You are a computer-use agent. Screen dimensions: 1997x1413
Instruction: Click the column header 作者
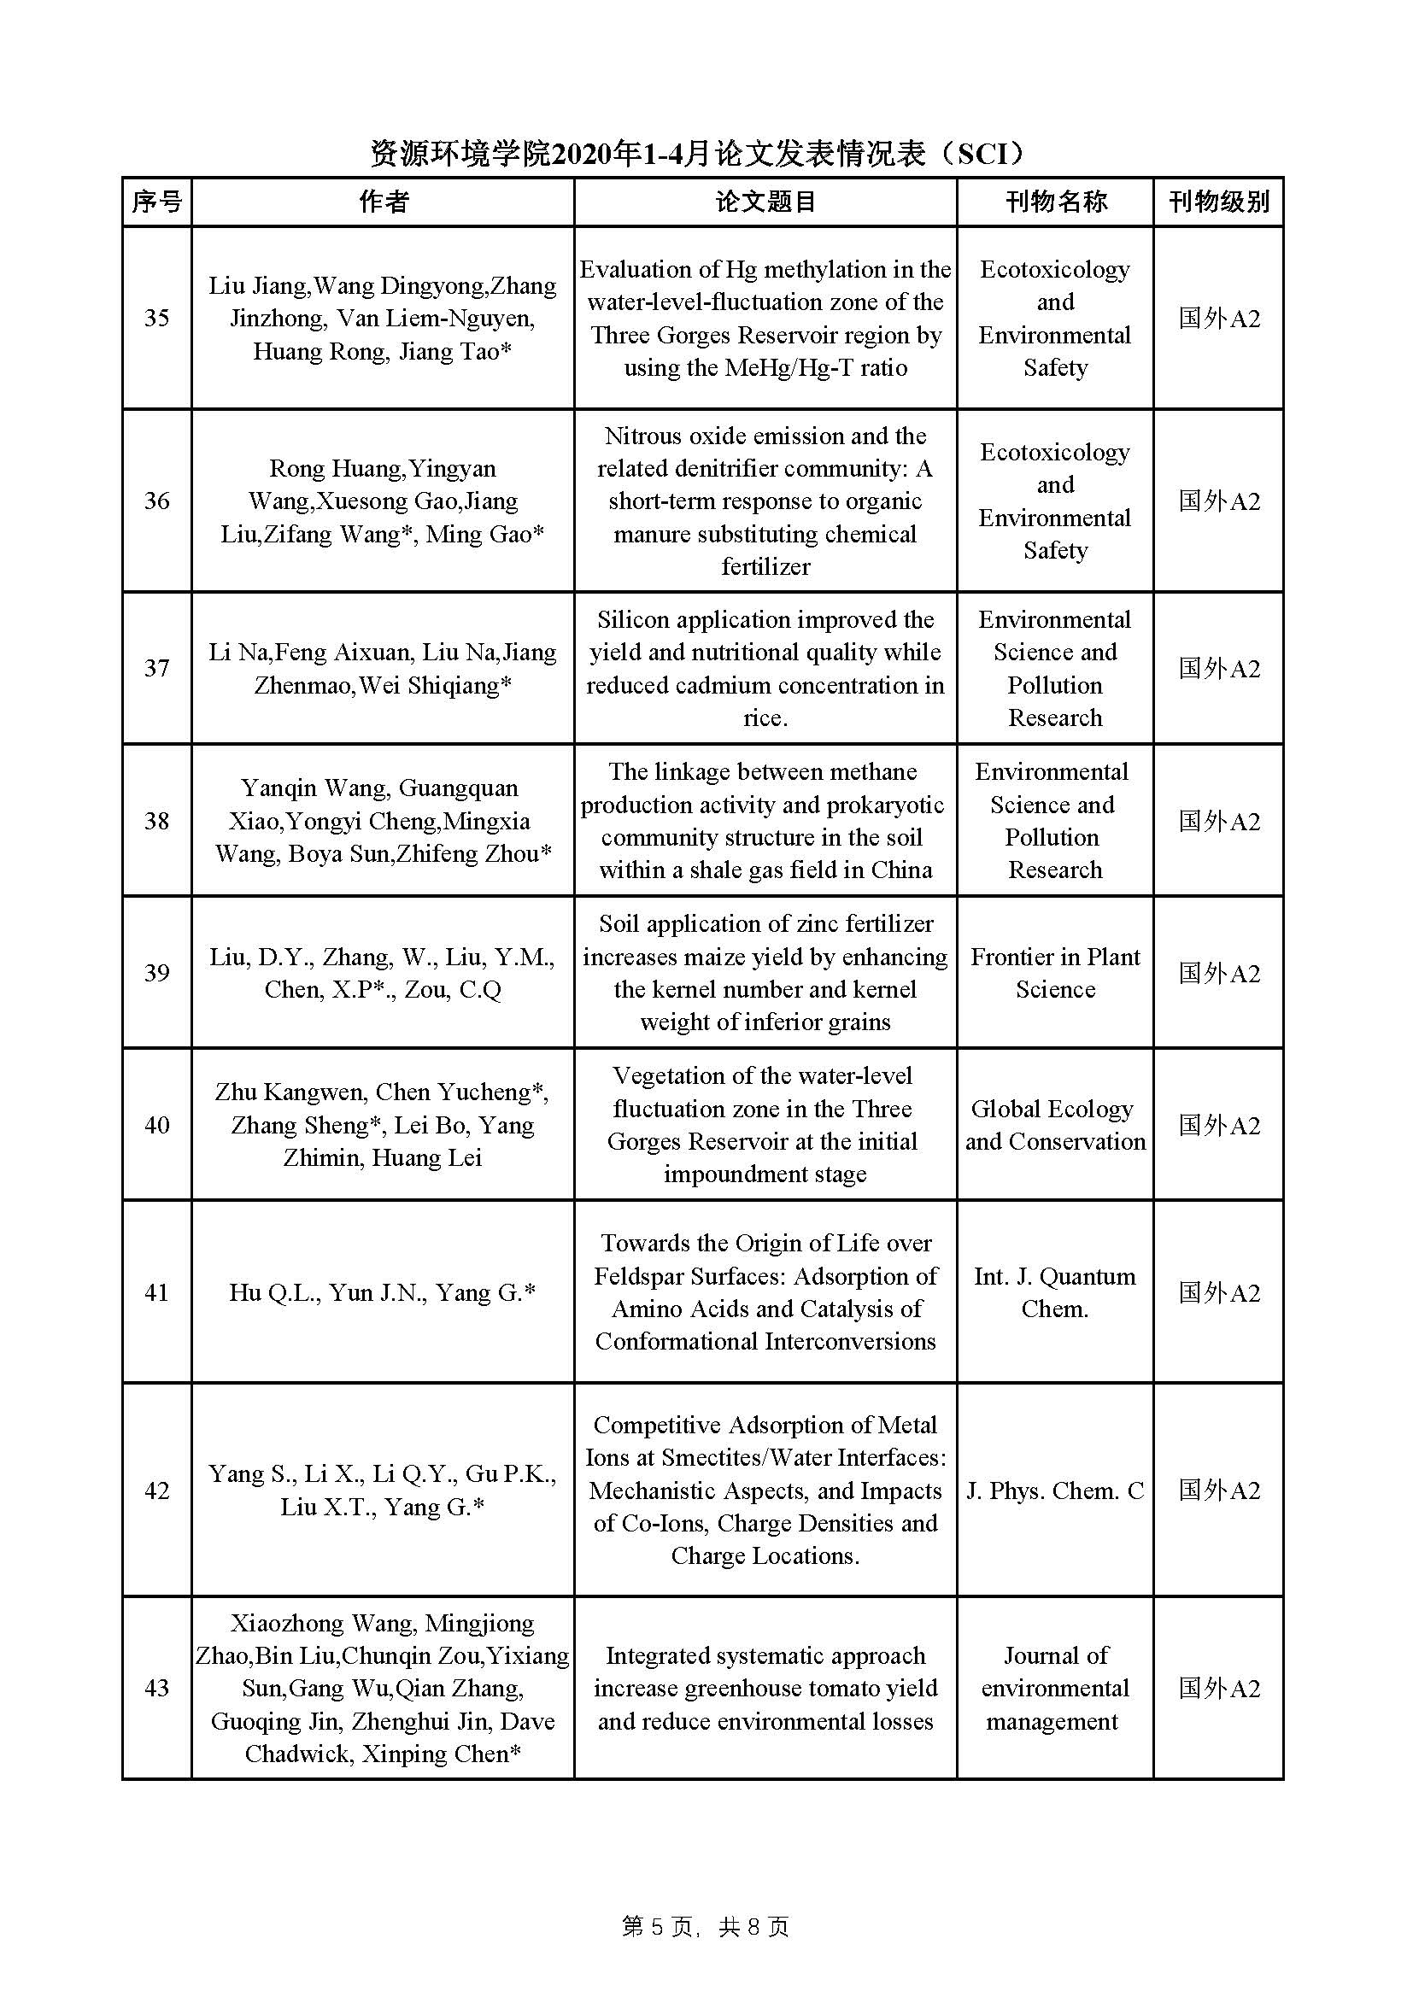[383, 202]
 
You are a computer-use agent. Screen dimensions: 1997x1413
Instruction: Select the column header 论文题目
[765, 202]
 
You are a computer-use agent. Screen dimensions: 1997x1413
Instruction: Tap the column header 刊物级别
[1218, 202]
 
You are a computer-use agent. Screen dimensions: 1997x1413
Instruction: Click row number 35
[156, 318]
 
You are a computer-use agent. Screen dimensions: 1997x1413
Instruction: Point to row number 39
[156, 972]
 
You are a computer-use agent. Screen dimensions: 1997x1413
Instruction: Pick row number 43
[156, 1689]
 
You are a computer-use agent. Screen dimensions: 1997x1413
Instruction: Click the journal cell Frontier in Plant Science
[1054, 972]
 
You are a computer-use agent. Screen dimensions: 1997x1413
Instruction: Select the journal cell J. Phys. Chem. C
[1054, 1490]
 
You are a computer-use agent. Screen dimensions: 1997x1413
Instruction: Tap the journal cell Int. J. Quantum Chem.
[1054, 1292]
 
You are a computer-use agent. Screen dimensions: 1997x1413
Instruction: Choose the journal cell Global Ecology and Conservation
[1054, 1125]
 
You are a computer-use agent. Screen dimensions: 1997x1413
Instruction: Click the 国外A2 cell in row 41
[1218, 1292]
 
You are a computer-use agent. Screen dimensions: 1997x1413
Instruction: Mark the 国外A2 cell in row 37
[1218, 668]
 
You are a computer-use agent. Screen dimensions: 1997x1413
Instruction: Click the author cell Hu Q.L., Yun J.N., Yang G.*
[382, 1292]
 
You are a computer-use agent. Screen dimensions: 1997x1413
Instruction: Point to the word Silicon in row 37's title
[632, 619]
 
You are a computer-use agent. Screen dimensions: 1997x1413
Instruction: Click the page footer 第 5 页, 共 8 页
[706, 1927]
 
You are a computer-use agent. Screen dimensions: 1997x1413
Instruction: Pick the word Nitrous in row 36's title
[643, 436]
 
